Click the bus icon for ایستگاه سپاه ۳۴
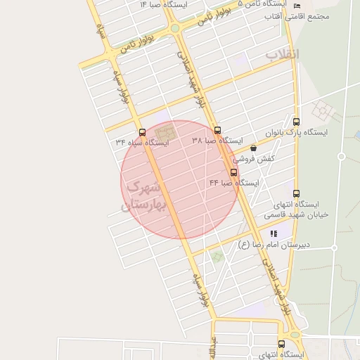click(x=142, y=131)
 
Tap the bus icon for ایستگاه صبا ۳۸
click(x=217, y=130)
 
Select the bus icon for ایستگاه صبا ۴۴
click(x=234, y=172)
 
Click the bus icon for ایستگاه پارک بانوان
click(x=296, y=122)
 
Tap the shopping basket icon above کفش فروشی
click(x=253, y=148)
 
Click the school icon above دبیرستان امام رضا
click(x=274, y=233)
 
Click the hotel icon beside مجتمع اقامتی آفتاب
click(x=296, y=6)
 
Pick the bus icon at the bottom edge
click(x=282, y=345)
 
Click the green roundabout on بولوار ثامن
click(x=174, y=28)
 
